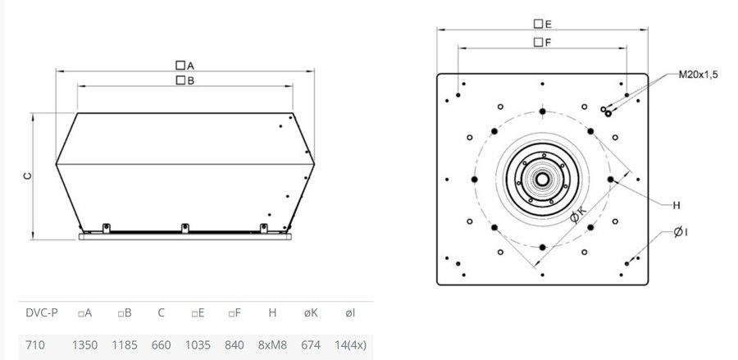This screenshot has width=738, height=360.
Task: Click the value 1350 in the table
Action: [84, 345]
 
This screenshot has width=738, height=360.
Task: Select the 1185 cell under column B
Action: [125, 345]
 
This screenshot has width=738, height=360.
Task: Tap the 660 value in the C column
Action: [161, 345]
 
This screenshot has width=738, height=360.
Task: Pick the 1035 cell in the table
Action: [198, 345]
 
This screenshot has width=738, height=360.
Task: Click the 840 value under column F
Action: [235, 345]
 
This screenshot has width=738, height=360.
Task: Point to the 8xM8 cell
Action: [272, 345]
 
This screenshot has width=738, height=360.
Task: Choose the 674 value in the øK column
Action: [311, 345]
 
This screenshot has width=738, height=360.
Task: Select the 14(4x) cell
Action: [350, 345]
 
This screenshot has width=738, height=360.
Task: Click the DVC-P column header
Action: [42, 313]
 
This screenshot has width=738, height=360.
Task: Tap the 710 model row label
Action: [35, 345]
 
